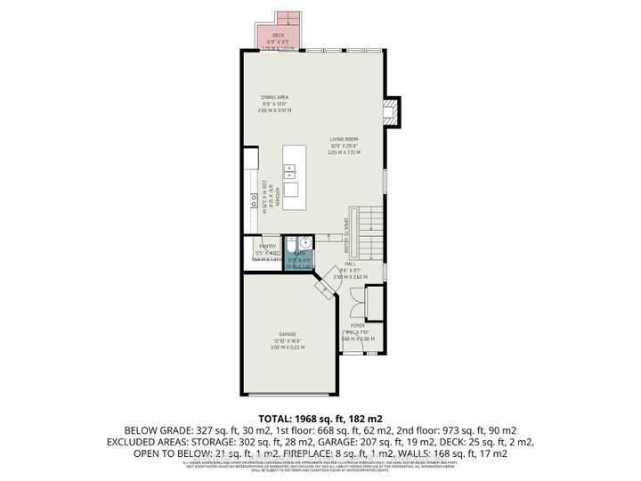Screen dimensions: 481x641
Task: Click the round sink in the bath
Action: point(304,242)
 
